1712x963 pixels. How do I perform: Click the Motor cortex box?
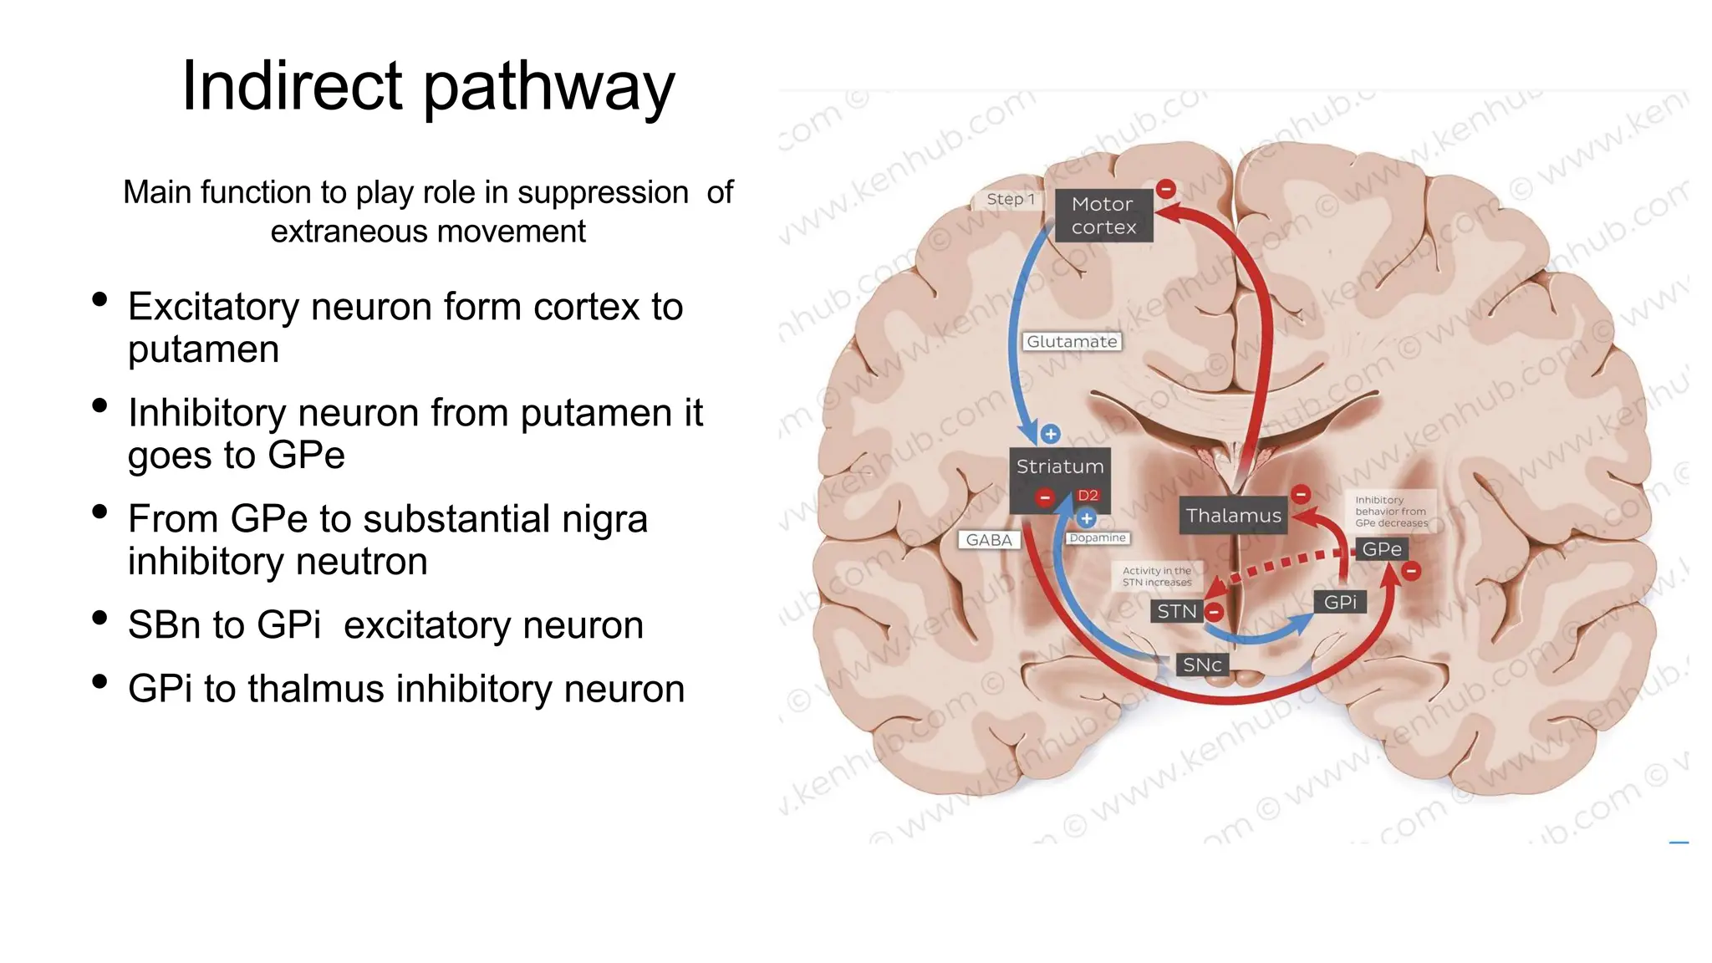(1103, 216)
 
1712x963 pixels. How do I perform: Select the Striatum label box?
(1059, 466)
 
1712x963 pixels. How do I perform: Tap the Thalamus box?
(1233, 516)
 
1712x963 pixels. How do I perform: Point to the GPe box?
(1381, 549)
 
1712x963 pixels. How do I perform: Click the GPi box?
(1340, 602)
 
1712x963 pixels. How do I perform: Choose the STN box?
(1177, 612)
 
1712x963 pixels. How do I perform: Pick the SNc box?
(1202, 665)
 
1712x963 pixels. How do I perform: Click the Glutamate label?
(1072, 342)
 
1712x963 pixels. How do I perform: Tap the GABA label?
(989, 540)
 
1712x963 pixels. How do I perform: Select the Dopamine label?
(1098, 538)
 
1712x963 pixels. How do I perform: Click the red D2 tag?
(1088, 496)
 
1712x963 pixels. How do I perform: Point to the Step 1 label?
(1010, 199)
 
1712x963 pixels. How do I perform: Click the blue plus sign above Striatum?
(1051, 434)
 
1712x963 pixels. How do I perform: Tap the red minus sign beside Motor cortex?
(1165, 189)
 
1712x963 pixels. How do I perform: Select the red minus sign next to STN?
(1214, 612)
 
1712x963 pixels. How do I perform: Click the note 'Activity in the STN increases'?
(1157, 577)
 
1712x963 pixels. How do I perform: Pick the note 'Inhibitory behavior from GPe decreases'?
(1391, 512)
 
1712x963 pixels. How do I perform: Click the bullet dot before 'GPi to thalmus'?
(100, 681)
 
